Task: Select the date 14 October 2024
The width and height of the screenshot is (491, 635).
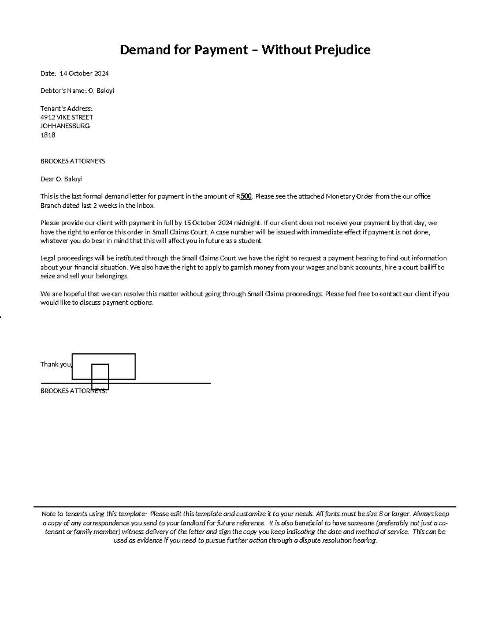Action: tap(84, 74)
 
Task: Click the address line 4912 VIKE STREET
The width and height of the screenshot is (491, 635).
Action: tap(67, 117)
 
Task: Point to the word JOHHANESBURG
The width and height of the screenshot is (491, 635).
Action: tap(65, 126)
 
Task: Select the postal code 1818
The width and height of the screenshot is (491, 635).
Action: tap(47, 135)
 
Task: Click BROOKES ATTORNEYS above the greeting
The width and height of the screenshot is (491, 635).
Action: tap(72, 161)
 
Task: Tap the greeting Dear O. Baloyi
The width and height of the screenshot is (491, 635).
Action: tap(61, 179)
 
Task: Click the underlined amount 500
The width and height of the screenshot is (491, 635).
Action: tap(245, 196)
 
